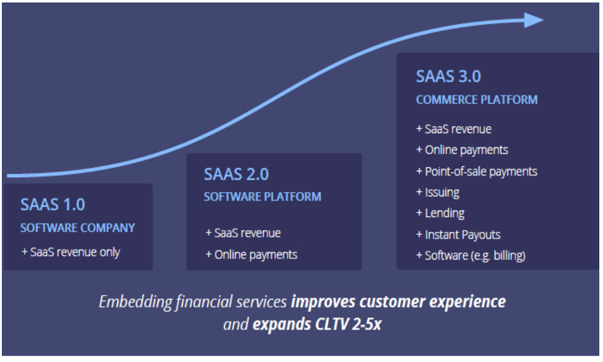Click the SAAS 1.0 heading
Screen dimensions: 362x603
pos(53,205)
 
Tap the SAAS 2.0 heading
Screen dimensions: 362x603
pos(236,174)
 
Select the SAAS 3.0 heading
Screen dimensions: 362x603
pos(448,76)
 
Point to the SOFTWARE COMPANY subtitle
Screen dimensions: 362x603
pos(77,228)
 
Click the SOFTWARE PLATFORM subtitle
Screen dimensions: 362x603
pos(262,196)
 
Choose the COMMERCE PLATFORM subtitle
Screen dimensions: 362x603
pos(477,100)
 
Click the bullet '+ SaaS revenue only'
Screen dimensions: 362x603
pos(70,252)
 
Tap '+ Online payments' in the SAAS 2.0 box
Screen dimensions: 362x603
pos(251,254)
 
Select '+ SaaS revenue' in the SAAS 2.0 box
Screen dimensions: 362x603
pos(243,233)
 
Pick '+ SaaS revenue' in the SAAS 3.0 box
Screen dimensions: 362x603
pos(454,129)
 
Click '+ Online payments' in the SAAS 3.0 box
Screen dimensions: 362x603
pos(462,150)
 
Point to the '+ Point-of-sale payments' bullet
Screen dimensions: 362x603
pos(477,171)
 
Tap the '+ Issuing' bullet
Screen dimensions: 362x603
pos(437,192)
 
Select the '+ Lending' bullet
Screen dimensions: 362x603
pos(440,213)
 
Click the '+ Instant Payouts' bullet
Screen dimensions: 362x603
pos(458,234)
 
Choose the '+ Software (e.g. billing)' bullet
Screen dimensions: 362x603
pos(471,256)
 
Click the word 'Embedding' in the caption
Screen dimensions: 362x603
pos(135,302)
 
